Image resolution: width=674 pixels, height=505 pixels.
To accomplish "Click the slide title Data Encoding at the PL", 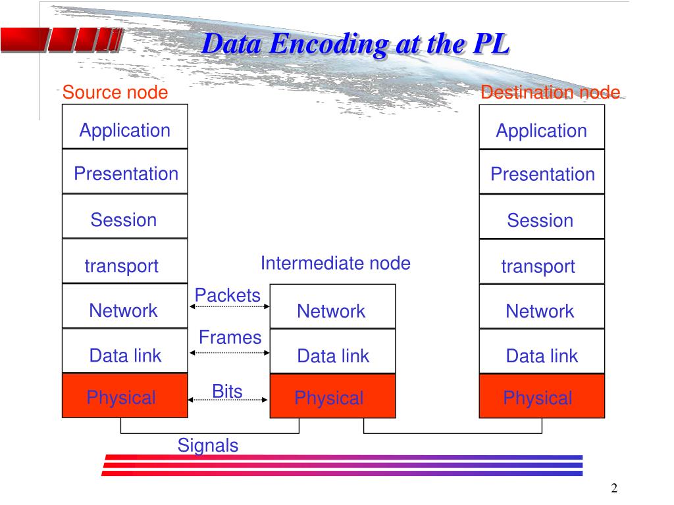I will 355,45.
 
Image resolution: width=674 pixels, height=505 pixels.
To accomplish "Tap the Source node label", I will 115,93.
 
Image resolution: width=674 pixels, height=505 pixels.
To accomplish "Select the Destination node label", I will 550,93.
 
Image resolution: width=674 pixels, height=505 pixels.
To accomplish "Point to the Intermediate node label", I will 335,264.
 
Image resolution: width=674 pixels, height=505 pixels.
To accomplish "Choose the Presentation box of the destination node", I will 542,172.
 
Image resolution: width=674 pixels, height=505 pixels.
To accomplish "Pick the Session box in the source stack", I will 125,217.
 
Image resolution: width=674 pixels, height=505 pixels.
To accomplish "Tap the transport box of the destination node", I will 542,262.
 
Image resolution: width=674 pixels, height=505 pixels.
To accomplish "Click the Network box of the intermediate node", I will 332,308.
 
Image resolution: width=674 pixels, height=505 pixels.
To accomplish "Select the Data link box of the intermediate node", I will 332,353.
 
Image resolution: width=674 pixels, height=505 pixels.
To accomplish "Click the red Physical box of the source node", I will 125,397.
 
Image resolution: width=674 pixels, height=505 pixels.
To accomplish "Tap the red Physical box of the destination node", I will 542,397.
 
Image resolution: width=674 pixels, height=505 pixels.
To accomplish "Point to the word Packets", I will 228,295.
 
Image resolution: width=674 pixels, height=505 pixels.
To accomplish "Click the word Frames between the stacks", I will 230,337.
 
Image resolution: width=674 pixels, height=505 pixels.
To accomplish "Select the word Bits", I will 227,391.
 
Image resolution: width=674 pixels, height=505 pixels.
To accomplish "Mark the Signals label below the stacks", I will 208,445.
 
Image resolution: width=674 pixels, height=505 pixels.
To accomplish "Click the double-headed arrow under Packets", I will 229,306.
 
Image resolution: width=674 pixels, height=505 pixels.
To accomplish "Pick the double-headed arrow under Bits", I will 229,398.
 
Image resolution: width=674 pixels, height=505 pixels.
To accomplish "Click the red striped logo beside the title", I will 59,40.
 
